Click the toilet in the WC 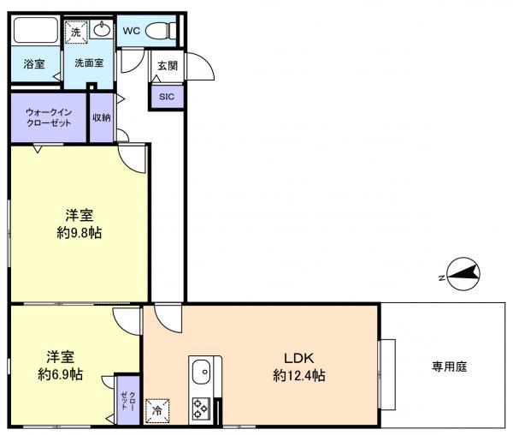[161, 32]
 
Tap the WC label [131, 31]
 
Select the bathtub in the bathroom [36, 30]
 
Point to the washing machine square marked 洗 [76, 32]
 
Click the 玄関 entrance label [168, 66]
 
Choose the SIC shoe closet [167, 97]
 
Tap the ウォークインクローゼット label [49, 117]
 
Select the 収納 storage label [102, 117]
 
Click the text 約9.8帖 [80, 233]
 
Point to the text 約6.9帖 [61, 374]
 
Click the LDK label [298, 358]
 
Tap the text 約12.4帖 [299, 376]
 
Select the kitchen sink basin [201, 372]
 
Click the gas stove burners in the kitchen [200, 408]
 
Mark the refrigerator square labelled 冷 [157, 411]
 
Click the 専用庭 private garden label [449, 366]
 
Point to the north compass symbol [463, 273]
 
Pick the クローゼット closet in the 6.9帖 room [128, 400]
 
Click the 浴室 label [34, 63]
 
